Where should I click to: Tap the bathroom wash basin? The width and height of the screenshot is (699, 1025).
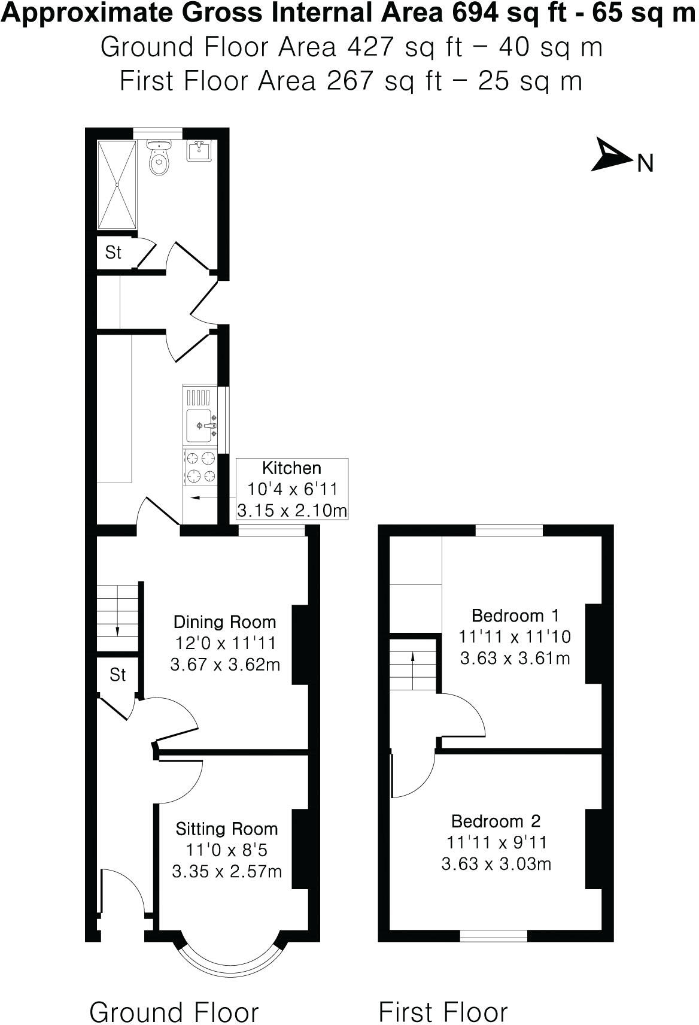coord(198,151)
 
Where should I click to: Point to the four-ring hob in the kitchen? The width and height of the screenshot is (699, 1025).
coord(200,467)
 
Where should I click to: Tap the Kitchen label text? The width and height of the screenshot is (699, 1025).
coord(292,468)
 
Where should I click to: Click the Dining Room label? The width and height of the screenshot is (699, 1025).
coord(225,621)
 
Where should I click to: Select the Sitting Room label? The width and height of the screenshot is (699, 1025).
coord(227,829)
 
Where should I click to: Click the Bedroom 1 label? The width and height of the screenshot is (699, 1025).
coord(515,615)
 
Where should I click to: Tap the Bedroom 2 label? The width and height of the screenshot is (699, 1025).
coord(496,821)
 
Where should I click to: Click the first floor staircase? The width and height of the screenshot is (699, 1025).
coord(412,665)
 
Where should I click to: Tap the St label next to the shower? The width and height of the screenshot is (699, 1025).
coord(113,253)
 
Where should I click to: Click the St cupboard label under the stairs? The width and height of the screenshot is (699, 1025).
coord(118,675)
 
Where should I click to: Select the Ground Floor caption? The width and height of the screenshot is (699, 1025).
coord(174,996)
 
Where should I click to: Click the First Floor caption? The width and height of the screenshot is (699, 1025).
coord(443,996)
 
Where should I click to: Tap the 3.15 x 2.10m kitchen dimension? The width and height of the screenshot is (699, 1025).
coord(292,511)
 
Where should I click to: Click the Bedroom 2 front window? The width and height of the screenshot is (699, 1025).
coord(494,935)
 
